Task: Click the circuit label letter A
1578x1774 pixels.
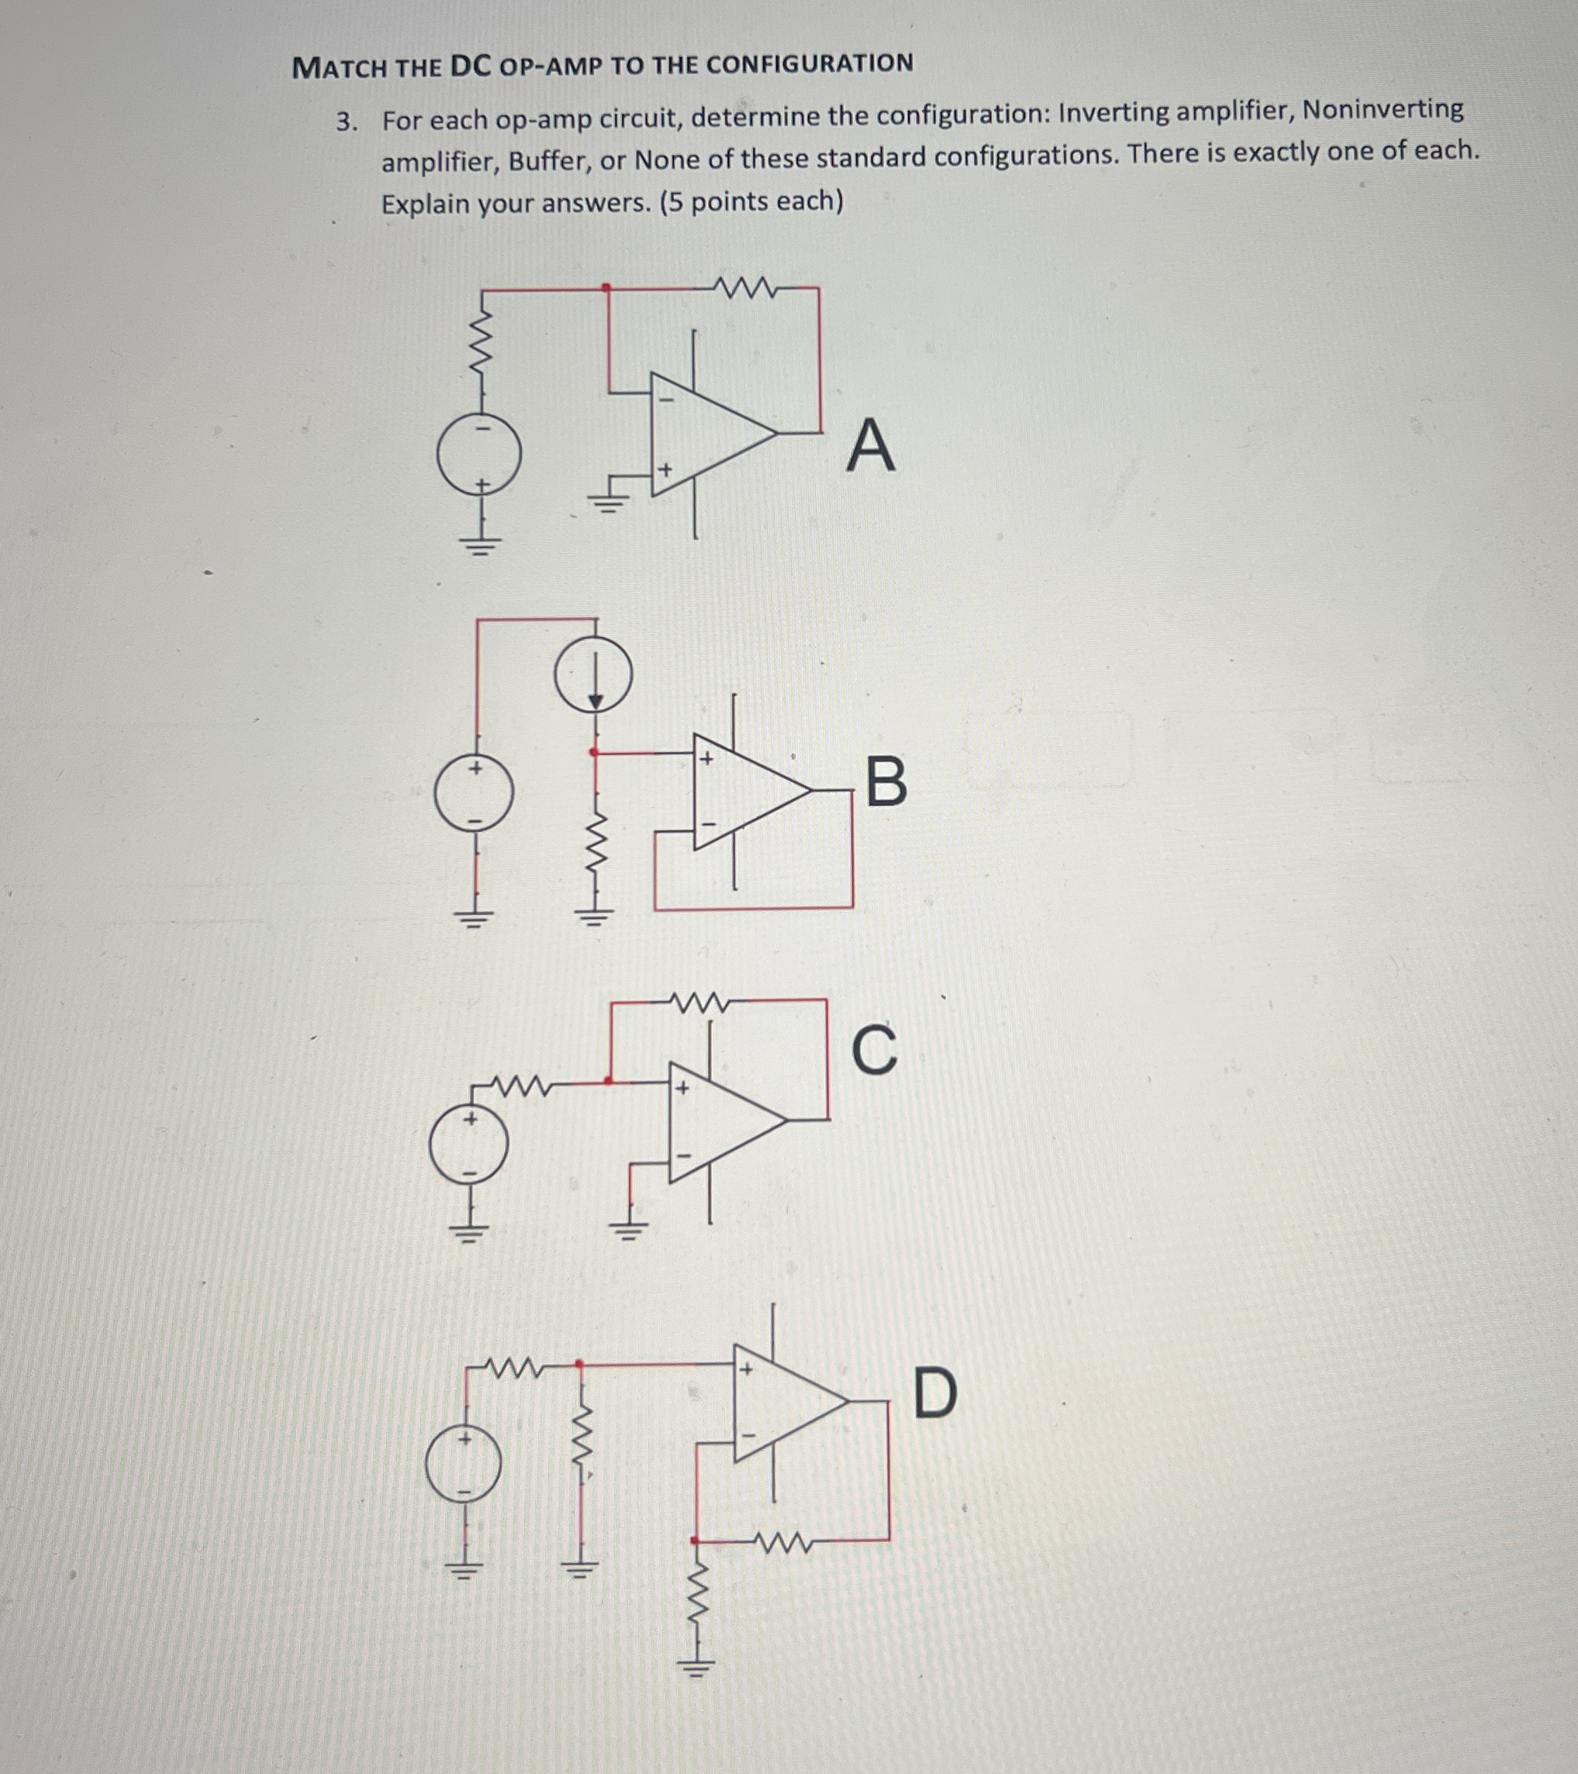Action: [871, 445]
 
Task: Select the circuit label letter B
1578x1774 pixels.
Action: [886, 781]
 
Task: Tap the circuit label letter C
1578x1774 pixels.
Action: [874, 1050]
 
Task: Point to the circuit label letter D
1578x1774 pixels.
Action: [936, 1393]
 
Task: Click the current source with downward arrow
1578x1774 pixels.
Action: [594, 674]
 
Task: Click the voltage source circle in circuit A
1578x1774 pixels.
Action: [479, 454]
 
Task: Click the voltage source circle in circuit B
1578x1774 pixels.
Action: [474, 793]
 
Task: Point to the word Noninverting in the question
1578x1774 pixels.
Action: [1383, 110]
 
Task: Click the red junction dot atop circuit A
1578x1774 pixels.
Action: [607, 287]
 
